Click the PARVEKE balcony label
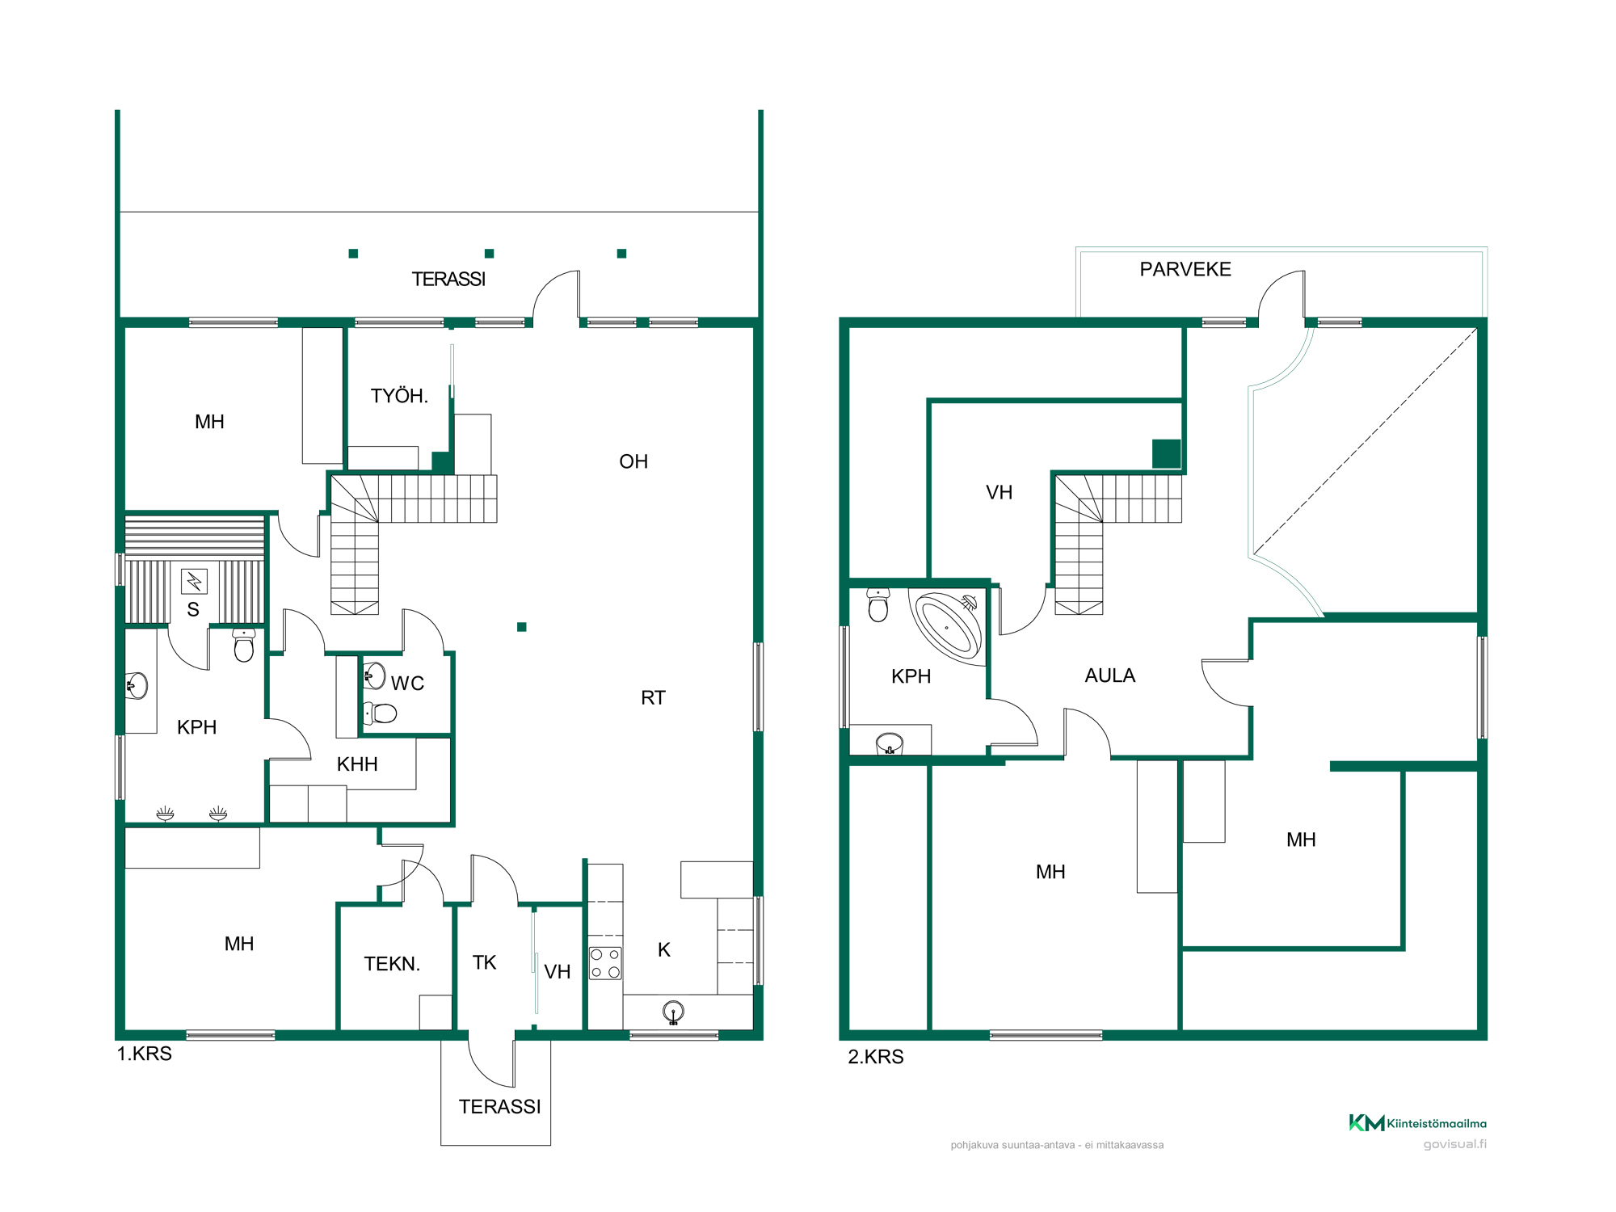click(x=1185, y=269)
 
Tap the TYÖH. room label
click(x=399, y=396)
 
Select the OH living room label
click(x=633, y=461)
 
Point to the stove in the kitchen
click(x=605, y=963)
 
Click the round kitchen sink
click(x=673, y=1012)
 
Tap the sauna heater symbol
click(x=194, y=581)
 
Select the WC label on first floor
click(x=407, y=684)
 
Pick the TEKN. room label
click(x=392, y=964)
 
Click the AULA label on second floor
click(x=1109, y=675)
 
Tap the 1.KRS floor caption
click(x=145, y=1054)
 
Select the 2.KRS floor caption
click(x=876, y=1057)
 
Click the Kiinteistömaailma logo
click(x=1417, y=1123)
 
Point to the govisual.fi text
click(x=1455, y=1144)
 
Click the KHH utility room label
click(x=357, y=764)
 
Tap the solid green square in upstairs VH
click(x=1166, y=454)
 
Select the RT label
click(x=653, y=698)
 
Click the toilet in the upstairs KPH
click(x=878, y=605)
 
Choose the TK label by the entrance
click(x=484, y=962)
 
